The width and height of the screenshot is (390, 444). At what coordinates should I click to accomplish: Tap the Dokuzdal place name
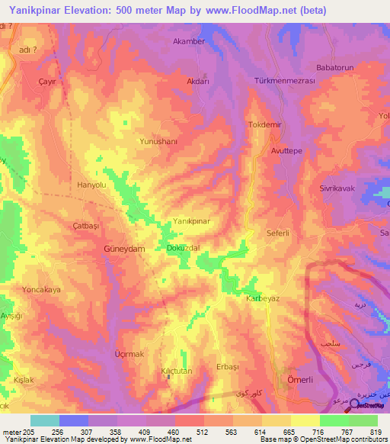pos(183,249)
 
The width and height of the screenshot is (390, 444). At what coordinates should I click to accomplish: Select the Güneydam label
pos(124,249)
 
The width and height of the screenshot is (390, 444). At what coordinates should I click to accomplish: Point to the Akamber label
pos(190,41)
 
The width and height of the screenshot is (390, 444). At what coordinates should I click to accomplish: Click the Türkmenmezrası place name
pos(284,80)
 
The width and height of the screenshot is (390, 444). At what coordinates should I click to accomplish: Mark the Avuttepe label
pos(287,151)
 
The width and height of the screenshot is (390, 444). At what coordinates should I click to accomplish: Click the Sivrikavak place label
pos(338,188)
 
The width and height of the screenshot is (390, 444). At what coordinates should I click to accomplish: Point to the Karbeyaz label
pos(263,298)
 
